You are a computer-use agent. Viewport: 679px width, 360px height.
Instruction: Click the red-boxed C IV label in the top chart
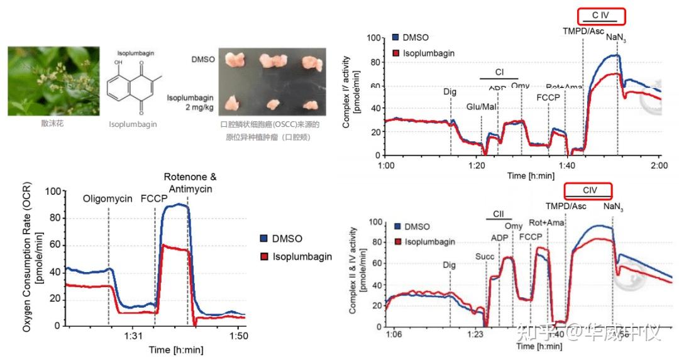pyautogui.click(x=602, y=14)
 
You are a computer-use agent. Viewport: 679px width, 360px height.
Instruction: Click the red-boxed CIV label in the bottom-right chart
pyautogui.click(x=588, y=190)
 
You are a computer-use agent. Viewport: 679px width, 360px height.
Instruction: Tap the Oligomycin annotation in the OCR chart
pyautogui.click(x=108, y=199)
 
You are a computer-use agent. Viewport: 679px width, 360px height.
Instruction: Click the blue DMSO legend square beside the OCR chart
pyautogui.click(x=265, y=239)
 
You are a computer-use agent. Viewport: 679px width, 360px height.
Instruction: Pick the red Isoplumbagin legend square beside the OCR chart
pyautogui.click(x=265, y=256)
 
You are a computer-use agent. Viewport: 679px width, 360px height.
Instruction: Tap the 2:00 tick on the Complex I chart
pyautogui.click(x=659, y=165)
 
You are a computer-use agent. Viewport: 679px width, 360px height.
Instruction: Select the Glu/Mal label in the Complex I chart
pyautogui.click(x=480, y=107)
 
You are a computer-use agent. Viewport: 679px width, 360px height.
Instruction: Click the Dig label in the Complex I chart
pyautogui.click(x=450, y=92)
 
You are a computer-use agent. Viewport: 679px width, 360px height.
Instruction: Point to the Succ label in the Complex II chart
pyautogui.click(x=485, y=256)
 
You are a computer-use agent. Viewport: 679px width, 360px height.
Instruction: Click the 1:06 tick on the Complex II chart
pyautogui.click(x=394, y=334)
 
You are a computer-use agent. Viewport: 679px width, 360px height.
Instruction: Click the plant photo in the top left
pyautogui.click(x=53, y=81)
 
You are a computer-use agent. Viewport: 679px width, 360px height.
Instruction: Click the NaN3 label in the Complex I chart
pyautogui.click(x=616, y=37)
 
